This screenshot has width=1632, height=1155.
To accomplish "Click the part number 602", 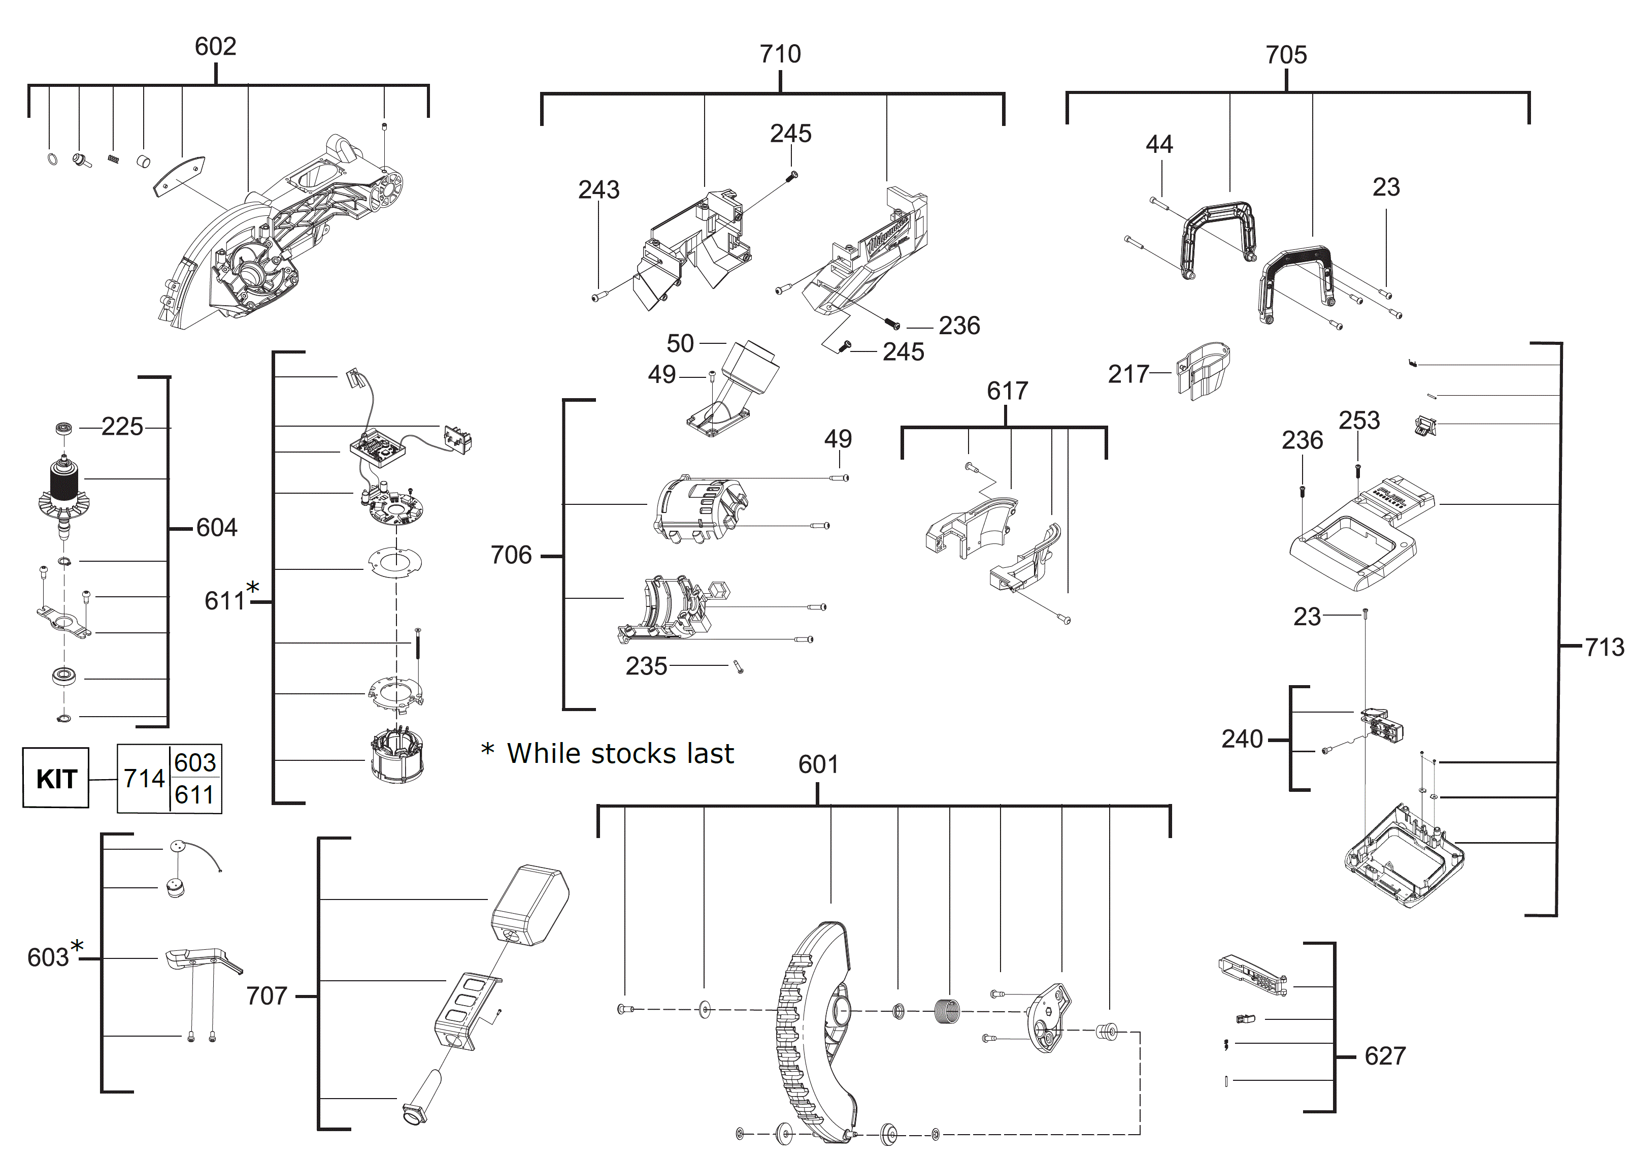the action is coord(215,47).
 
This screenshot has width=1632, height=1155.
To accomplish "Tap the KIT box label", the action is coord(56,779).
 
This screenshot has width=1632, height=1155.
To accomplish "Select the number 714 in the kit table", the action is coord(144,779).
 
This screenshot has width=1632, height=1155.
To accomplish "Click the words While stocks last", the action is coord(620,754).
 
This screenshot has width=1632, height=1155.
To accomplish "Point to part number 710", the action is coord(780,54).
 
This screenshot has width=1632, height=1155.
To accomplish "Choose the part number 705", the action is coord(1286,55).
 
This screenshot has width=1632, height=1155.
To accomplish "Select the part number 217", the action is coord(1129,374).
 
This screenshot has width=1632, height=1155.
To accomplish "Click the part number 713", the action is coord(1604,647).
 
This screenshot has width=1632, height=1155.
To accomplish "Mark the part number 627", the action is coord(1385,1056).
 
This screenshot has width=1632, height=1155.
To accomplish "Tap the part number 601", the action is coord(818,764).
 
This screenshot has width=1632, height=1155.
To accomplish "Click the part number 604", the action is coord(217,528).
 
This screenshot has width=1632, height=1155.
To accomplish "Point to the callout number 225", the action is coord(122,427).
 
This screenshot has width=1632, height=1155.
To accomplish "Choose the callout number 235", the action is coord(646,666).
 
